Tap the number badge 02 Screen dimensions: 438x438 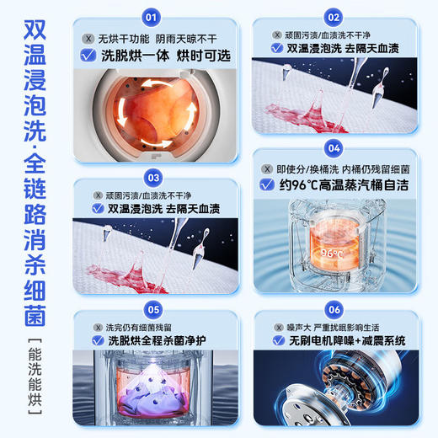click(334, 17)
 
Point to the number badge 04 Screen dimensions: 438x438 click(334, 148)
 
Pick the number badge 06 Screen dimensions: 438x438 click(334, 309)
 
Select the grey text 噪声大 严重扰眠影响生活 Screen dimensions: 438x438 click(341, 326)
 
